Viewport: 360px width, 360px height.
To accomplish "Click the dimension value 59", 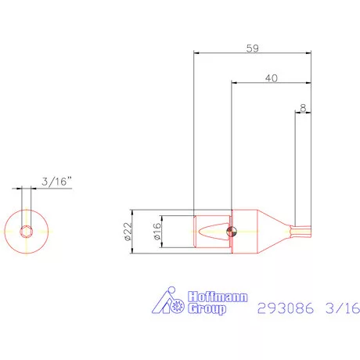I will (x=252, y=47).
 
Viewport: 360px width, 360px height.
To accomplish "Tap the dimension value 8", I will (x=302, y=107).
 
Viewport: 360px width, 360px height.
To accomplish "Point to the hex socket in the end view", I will (x=27, y=230).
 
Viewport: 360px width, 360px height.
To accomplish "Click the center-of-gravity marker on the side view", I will (x=229, y=230).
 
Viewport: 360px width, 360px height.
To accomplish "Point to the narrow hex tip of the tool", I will (x=301, y=229).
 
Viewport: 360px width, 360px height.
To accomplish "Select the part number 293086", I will (x=286, y=308).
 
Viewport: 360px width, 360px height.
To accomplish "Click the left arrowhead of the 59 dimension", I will (x=196, y=53).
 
